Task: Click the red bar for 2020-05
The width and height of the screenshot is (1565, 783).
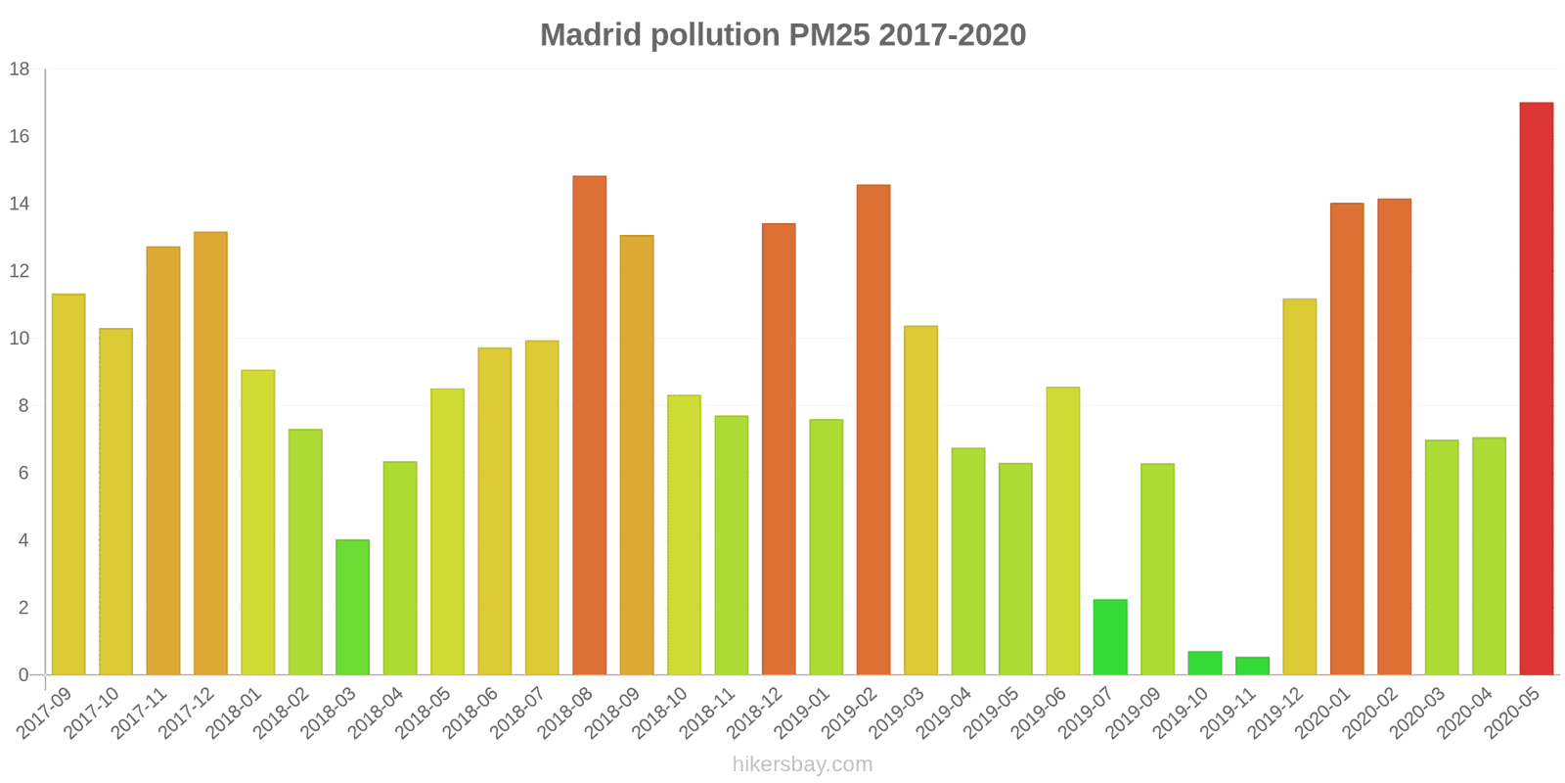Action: point(1537,389)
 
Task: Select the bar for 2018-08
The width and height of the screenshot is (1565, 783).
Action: point(590,425)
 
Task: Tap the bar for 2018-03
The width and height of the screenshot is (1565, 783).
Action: point(353,607)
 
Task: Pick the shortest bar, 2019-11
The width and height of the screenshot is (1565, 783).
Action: point(1252,666)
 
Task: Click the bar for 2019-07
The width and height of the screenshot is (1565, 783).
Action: point(1110,637)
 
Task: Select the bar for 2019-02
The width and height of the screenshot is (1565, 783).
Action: point(873,430)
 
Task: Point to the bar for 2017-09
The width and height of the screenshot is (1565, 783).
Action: point(68,484)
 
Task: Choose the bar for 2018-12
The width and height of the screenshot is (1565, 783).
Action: point(779,449)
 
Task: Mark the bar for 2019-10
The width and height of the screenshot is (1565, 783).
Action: point(1205,663)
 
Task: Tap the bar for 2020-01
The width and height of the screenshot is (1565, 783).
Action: point(1347,439)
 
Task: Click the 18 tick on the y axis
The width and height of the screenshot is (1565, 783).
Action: point(20,69)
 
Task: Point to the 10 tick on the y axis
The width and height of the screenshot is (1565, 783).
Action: point(20,339)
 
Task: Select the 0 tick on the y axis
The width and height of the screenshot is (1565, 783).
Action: point(23,675)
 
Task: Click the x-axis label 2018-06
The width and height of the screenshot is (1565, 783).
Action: point(470,713)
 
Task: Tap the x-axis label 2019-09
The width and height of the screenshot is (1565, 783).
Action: point(1134,713)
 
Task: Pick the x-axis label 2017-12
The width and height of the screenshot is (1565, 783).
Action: point(186,713)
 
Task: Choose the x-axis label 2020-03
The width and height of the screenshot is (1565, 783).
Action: point(1417,713)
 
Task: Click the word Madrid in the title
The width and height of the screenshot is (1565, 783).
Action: point(591,35)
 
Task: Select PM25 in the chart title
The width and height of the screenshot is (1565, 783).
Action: point(829,35)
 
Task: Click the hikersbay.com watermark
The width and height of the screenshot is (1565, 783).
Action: point(803,764)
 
